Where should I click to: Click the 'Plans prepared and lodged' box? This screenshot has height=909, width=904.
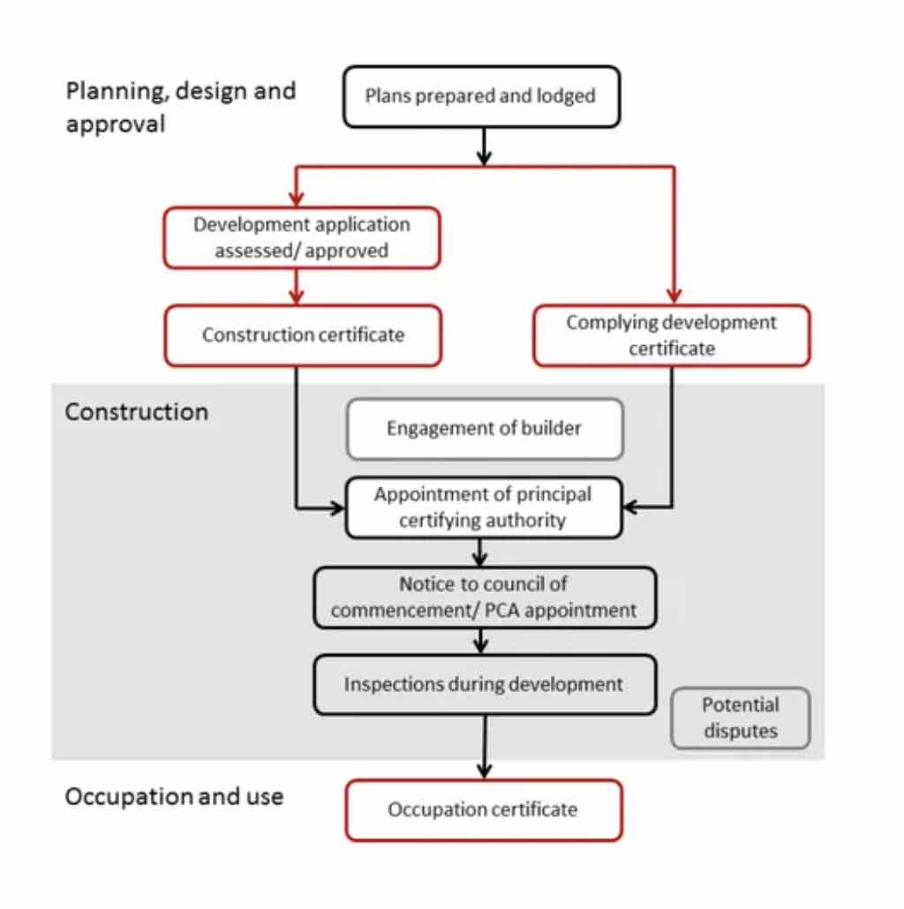click(481, 95)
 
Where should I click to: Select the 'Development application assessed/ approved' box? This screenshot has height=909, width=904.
click(302, 237)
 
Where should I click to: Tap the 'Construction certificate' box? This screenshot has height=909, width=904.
click(302, 335)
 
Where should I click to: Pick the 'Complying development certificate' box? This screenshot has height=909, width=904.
click(671, 335)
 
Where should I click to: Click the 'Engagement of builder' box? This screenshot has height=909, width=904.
click(485, 429)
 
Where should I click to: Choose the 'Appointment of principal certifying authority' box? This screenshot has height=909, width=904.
click(483, 507)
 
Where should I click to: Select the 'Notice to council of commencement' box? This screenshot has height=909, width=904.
click(484, 597)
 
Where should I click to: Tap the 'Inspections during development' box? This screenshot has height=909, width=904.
click(484, 684)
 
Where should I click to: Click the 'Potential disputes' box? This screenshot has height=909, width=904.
click(740, 717)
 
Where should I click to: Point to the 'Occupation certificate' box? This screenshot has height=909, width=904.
click(483, 809)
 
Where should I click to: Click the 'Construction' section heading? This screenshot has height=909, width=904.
click(137, 412)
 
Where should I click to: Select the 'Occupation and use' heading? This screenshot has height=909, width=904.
click(174, 796)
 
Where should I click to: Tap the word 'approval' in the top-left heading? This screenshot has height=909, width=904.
click(116, 124)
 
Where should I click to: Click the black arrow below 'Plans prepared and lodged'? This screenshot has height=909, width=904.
click(484, 146)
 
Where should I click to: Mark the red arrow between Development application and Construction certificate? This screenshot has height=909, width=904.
click(298, 286)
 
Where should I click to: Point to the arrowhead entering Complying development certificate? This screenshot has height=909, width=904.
click(674, 296)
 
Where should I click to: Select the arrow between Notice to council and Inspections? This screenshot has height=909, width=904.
click(481, 641)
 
